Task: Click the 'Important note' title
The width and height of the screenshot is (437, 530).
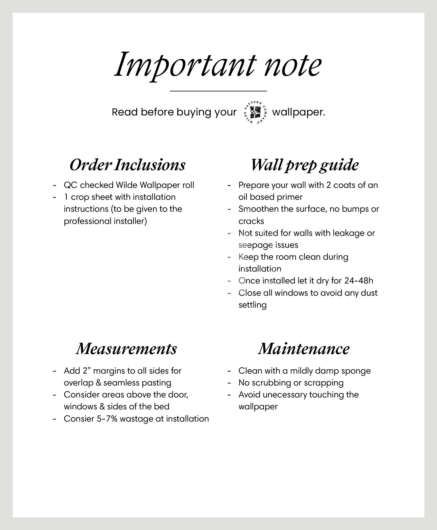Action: (x=218, y=65)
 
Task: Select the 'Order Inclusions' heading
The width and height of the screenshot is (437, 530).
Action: (x=127, y=165)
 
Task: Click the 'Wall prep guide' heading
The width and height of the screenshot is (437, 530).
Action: (x=304, y=165)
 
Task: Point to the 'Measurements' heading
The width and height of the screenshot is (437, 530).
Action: (x=126, y=349)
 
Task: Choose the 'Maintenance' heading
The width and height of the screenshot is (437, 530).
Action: (x=304, y=349)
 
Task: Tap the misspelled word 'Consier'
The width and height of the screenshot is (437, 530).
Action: (x=79, y=419)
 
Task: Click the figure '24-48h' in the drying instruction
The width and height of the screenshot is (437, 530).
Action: (x=359, y=281)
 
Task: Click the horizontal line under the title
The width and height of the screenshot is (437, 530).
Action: (x=218, y=91)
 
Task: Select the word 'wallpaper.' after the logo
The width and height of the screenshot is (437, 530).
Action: (x=298, y=112)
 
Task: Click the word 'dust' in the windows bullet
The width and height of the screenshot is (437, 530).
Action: (x=369, y=293)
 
